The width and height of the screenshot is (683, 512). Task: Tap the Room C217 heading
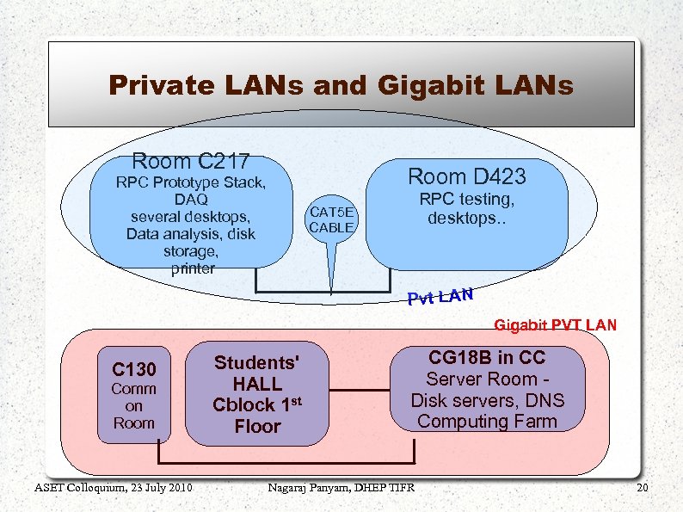tap(190, 161)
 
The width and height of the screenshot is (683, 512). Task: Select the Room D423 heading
tap(466, 176)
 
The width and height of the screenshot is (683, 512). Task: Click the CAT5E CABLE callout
tap(331, 220)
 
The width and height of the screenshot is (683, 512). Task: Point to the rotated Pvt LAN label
tap(440, 297)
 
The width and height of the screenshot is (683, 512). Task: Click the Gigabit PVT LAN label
tap(555, 325)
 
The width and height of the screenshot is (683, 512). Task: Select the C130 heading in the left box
tap(134, 370)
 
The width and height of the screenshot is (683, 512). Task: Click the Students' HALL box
tap(258, 393)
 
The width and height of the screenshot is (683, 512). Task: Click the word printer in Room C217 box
tap(192, 268)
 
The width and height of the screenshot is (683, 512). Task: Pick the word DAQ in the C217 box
tap(191, 200)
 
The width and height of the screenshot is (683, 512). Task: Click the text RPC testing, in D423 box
tap(466, 200)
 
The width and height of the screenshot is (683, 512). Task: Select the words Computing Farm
tap(487, 422)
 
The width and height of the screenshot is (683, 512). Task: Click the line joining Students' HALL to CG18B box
tap(359, 391)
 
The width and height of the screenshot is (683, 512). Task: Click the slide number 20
tap(641, 489)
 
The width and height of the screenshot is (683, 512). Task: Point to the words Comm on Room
tap(134, 405)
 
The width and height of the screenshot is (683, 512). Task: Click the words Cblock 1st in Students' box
tap(256, 404)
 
